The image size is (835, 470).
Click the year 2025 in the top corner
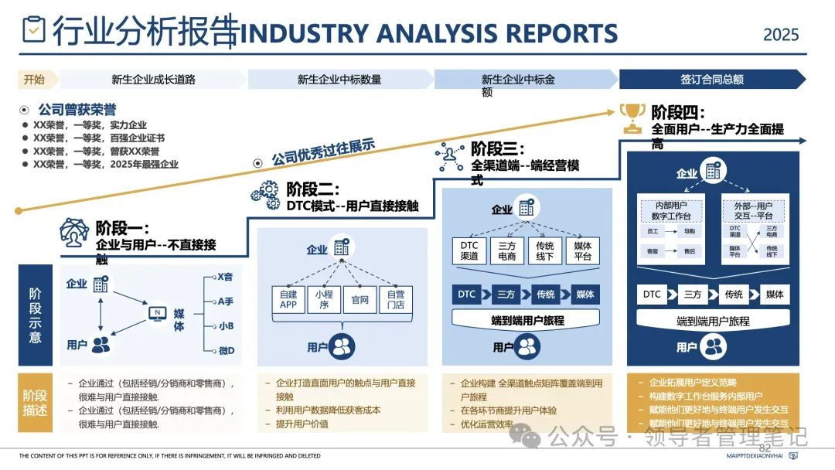point(781,35)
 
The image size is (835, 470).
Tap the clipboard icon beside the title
point(34,29)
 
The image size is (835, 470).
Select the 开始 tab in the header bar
point(34,80)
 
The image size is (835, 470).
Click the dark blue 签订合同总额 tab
point(711,80)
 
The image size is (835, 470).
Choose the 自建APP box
point(288,299)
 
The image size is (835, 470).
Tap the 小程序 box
point(323,299)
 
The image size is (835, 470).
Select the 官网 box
point(360,299)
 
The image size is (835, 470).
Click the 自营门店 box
point(395,299)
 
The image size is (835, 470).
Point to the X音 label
point(225,277)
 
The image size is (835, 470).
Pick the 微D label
point(226,351)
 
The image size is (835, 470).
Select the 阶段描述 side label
point(36,403)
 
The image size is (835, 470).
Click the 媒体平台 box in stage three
point(583,250)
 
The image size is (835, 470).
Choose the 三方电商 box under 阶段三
point(507,250)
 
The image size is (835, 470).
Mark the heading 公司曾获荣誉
point(77,110)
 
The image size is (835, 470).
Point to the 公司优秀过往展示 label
point(323,153)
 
